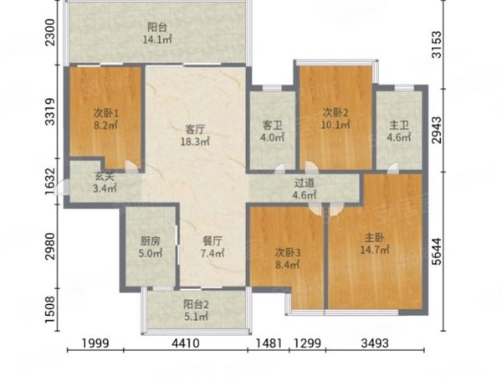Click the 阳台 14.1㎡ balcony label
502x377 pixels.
157,33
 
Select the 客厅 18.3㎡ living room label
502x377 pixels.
195,135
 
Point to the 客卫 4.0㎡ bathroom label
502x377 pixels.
272,132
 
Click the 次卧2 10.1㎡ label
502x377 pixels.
336,119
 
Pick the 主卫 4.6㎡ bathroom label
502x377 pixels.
399,132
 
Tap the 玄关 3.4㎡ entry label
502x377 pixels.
105,182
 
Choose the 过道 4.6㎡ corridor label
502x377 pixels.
305,188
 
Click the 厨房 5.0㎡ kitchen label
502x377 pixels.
151,247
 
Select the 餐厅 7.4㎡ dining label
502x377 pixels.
213,247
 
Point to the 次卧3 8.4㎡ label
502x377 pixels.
288,259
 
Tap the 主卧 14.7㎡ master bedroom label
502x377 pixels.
375,244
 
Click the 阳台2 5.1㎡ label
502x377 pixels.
196,310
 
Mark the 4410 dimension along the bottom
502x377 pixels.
186,343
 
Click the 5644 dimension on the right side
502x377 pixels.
437,251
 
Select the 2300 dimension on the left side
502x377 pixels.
50,33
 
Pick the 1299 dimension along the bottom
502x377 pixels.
307,343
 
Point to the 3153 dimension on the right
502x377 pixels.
437,44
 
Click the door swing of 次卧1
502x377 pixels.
131,166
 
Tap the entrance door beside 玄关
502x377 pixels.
61,188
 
